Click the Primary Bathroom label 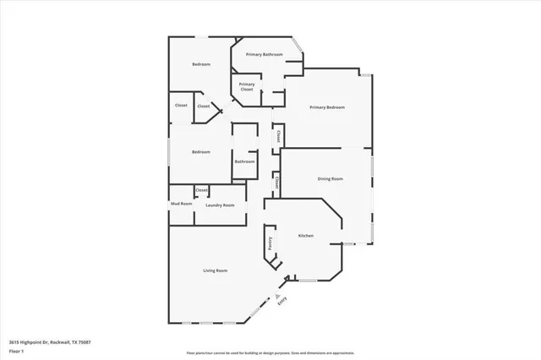click(264, 54)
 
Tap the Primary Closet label click(247, 85)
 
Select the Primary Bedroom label click(326, 107)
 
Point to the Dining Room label click(330, 179)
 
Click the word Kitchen click(305, 236)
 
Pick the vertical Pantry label click(270, 244)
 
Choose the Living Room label click(216, 270)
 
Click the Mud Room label click(181, 204)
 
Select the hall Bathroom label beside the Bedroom click(244, 161)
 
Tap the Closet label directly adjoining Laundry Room click(201, 191)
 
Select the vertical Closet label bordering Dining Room click(276, 183)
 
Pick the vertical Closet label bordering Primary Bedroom click(277, 136)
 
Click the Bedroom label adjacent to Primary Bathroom click(200, 64)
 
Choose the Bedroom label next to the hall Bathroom click(200, 152)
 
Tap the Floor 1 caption click(16, 350)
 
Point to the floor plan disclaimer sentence click(270, 352)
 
